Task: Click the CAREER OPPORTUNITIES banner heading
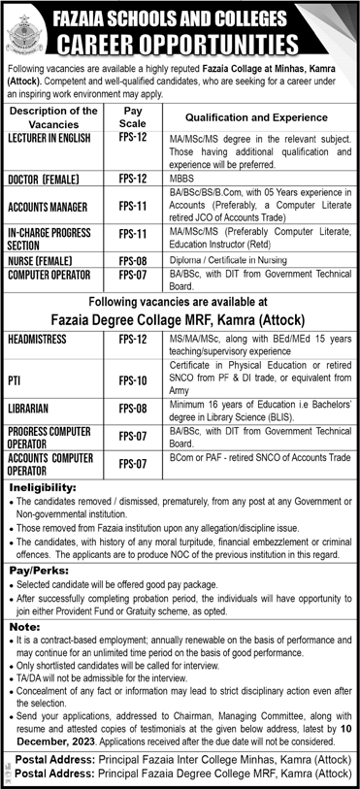(x=202, y=45)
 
